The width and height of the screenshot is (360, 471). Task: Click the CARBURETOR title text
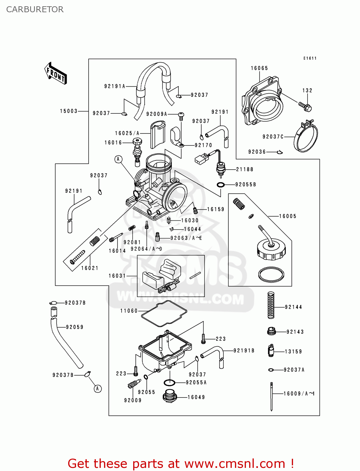[35, 9]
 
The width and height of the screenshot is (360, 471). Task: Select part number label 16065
[259, 68]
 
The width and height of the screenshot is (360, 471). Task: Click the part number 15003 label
[68, 111]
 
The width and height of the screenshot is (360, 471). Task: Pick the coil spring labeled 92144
[271, 305]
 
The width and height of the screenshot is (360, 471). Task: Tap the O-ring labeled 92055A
[169, 382]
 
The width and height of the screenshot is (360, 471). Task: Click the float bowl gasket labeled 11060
[164, 312]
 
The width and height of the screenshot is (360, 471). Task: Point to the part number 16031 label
[117, 276]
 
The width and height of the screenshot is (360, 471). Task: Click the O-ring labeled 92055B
[221, 185]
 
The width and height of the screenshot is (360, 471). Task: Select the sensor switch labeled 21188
[221, 169]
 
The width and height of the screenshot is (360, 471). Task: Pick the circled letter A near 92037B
[98, 389]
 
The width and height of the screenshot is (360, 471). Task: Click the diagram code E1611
[310, 58]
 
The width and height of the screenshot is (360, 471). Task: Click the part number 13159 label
[293, 351]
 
